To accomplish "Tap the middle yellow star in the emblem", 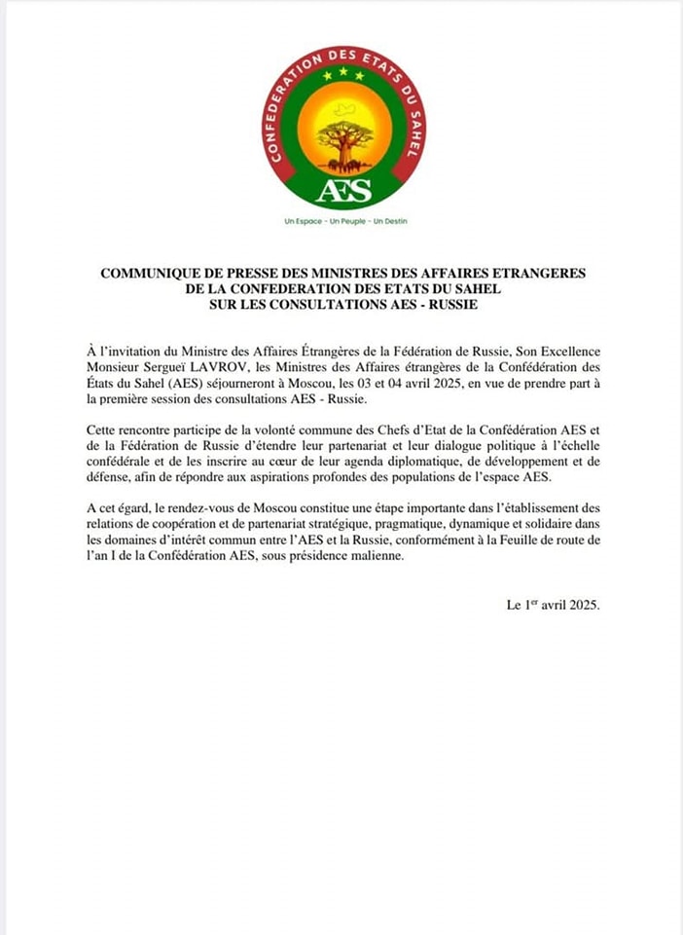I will click(x=343, y=71).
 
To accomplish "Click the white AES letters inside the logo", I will click(x=343, y=190).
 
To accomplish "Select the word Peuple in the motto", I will click(x=344, y=221).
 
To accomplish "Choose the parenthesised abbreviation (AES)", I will click(x=195, y=381).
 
